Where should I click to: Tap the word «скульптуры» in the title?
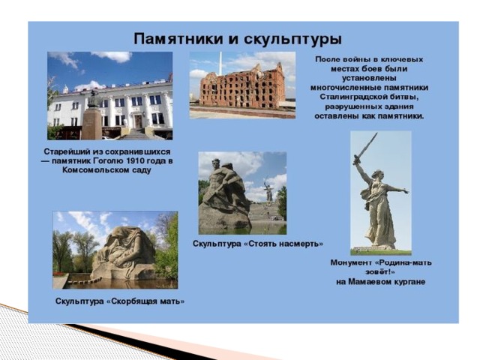[x=292, y=40]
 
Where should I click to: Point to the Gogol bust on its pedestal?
[x=93, y=99]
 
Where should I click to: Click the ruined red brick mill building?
[x=241, y=86]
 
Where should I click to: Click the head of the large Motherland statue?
[x=376, y=175]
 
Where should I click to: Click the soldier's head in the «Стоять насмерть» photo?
[x=217, y=164]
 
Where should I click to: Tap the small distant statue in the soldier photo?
[x=268, y=192]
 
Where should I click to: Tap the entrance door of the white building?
[x=138, y=121]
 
